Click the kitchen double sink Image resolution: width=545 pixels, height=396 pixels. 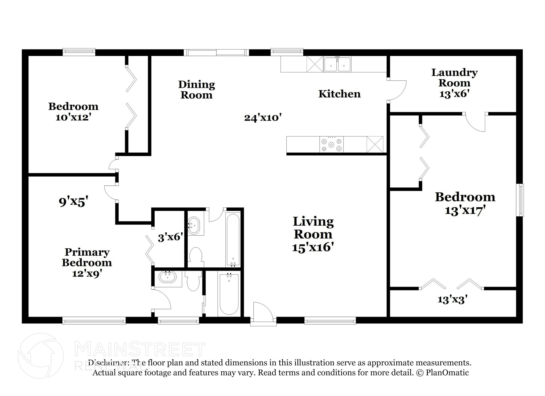(x=337, y=64)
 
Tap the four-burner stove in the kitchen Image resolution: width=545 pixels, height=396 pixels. (x=331, y=144)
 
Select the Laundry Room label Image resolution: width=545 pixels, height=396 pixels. (x=455, y=77)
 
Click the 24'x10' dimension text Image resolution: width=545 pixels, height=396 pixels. (x=263, y=117)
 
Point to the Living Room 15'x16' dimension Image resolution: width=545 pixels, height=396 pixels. (x=313, y=247)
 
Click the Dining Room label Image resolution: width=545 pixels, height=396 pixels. (x=197, y=90)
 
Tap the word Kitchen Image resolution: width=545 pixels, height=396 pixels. (x=340, y=94)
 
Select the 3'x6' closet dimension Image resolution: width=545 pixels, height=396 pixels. (x=171, y=237)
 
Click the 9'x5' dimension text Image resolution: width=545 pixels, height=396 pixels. (x=73, y=201)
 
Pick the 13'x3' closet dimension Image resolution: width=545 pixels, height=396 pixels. (x=453, y=300)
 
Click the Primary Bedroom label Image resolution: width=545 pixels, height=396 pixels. (x=87, y=257)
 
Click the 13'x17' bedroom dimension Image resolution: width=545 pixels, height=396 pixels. (x=465, y=211)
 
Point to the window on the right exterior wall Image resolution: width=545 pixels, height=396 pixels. (x=520, y=200)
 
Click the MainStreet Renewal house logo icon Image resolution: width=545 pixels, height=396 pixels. (x=40, y=356)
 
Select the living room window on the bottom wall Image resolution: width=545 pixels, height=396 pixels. (x=330, y=320)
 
